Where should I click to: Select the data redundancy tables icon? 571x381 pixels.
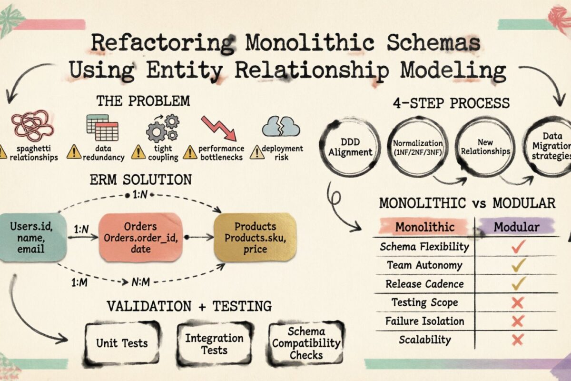[x=102, y=127]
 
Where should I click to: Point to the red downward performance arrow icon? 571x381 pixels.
[x=219, y=128]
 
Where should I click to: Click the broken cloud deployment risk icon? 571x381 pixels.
[x=281, y=127]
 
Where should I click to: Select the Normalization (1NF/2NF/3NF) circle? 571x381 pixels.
[x=418, y=147]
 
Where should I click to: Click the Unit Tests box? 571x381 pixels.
[x=122, y=342]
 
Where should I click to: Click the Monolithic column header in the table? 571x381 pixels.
[x=424, y=227]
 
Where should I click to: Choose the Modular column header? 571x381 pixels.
[x=516, y=227]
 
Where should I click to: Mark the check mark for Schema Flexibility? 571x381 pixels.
[x=518, y=246]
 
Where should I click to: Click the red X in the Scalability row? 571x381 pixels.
[x=518, y=340]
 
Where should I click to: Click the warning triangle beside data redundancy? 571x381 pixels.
[x=74, y=152]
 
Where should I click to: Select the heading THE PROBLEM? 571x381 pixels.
[x=143, y=101]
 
